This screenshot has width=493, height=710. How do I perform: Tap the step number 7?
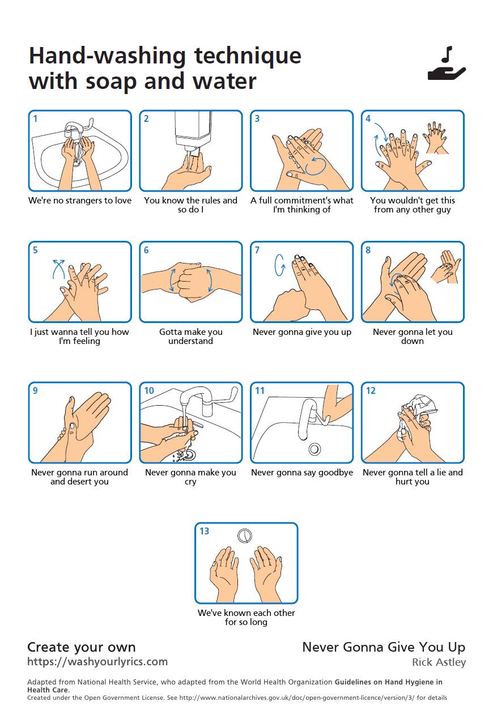(x=257, y=250)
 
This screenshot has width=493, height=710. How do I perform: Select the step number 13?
(x=204, y=531)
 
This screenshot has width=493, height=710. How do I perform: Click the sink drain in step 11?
(x=314, y=449)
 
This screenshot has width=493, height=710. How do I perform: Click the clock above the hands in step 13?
(x=245, y=535)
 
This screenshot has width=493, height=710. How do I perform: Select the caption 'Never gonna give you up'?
(x=302, y=332)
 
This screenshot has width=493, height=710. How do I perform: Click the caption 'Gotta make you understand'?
(x=190, y=336)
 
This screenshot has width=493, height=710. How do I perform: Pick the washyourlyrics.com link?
(x=97, y=661)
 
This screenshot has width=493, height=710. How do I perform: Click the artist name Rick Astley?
(x=439, y=662)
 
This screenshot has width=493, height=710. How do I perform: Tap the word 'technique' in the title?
(x=248, y=56)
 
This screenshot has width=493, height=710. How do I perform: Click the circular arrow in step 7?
(x=279, y=265)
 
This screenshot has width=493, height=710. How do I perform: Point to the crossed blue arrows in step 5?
(x=59, y=269)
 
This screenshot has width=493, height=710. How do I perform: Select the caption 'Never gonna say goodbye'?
(x=302, y=472)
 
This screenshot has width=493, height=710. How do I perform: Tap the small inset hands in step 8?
(x=445, y=267)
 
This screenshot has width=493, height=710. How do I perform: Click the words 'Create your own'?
(x=82, y=647)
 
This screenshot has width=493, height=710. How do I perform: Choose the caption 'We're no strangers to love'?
(x=79, y=201)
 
